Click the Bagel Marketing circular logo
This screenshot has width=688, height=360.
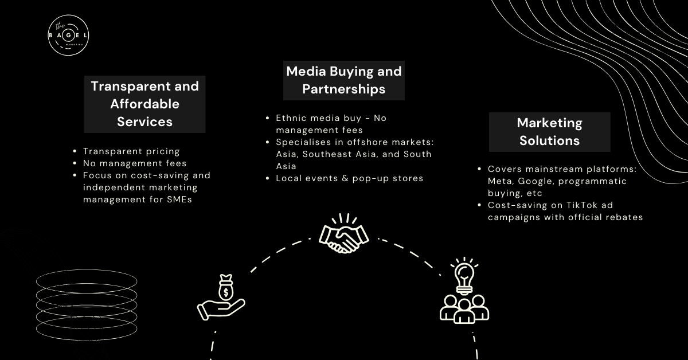(68, 35)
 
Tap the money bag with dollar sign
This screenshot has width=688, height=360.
(226, 288)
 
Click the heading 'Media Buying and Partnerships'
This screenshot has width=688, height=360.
(343, 80)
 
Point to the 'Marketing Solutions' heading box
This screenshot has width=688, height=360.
(549, 132)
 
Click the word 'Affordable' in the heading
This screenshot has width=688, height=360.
(144, 104)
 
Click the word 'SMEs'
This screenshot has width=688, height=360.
(179, 199)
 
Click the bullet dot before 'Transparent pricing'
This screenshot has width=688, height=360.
(75, 151)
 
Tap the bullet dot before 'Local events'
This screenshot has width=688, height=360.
(268, 178)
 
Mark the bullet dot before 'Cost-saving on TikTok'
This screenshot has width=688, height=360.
(479, 205)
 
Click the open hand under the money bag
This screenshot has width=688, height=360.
(221, 310)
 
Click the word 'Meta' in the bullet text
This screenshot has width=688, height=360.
(500, 181)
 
